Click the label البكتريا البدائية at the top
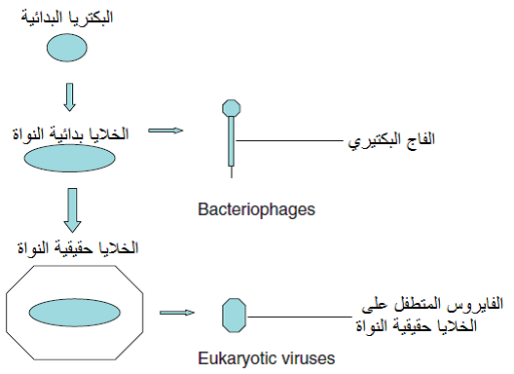click(67, 18)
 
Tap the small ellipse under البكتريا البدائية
click(67, 48)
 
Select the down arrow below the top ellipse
click(69, 97)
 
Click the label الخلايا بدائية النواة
click(70, 133)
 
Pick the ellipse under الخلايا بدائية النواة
click(69, 158)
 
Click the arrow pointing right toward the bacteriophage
click(165, 131)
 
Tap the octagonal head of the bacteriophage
click(232, 108)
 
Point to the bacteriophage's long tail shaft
click(232, 141)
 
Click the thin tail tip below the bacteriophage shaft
click(232, 172)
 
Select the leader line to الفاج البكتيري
click(290, 141)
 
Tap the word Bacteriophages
click(256, 209)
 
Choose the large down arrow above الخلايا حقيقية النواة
click(72, 210)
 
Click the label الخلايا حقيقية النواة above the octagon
click(78, 247)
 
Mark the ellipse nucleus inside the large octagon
click(75, 313)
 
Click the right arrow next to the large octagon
click(177, 313)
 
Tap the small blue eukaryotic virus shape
click(234, 316)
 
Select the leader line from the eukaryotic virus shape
click(300, 317)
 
